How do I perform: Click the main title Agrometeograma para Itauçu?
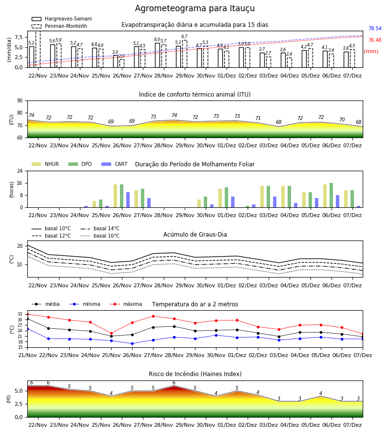click(x=195, y=8)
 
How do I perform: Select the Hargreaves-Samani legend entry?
click(x=61, y=19)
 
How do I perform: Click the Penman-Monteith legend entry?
click(x=59, y=26)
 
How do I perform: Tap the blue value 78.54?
click(x=375, y=29)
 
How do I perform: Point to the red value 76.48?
click(x=375, y=40)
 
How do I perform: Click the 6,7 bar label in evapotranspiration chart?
click(x=184, y=37)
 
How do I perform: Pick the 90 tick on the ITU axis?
click(x=20, y=101)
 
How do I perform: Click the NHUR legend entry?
click(x=45, y=164)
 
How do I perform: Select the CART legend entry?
click(x=115, y=164)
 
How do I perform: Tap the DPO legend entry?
click(x=80, y=164)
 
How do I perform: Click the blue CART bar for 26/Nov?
click(x=128, y=200)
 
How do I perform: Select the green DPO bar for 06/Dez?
click(x=331, y=195)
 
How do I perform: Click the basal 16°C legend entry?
click(x=100, y=236)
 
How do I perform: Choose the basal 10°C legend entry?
click(x=51, y=228)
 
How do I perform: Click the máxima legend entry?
click(x=126, y=304)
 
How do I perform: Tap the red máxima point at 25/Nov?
click(x=111, y=334)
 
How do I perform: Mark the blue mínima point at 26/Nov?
click(x=132, y=343)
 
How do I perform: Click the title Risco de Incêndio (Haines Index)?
click(x=195, y=374)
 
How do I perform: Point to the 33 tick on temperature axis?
click(x=20, y=315)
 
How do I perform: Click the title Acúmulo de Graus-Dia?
click(x=195, y=235)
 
